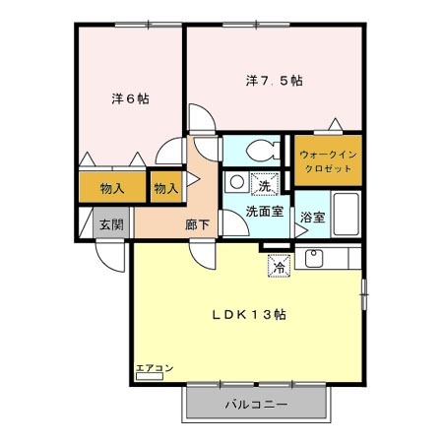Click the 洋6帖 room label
tap(130, 98)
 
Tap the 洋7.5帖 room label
tap(275, 81)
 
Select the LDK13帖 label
tap(249, 315)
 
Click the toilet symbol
tap(263, 151)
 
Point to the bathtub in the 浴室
tap(347, 214)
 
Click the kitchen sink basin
tap(314, 258)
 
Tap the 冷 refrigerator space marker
tap(279, 266)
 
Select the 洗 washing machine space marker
tap(265, 184)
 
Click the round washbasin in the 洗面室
tap(237, 182)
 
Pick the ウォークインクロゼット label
tap(328, 161)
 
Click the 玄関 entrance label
tap(111, 224)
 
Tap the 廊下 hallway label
tap(197, 224)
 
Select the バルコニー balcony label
tap(256, 405)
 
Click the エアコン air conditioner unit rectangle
tap(150, 376)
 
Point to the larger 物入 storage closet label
tap(112, 189)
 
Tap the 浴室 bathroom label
tap(313, 218)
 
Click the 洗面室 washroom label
tap(265, 212)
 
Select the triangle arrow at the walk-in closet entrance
tap(336, 124)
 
